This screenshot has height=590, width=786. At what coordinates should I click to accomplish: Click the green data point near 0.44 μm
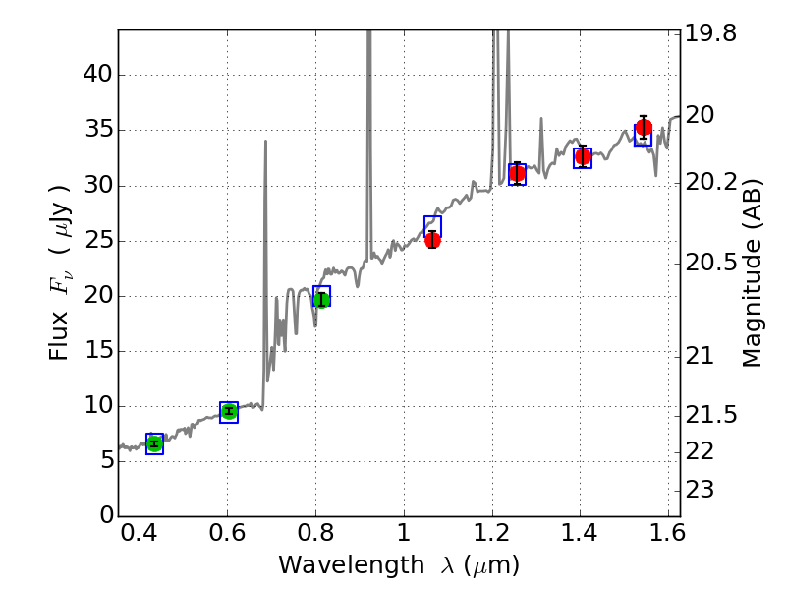(154, 443)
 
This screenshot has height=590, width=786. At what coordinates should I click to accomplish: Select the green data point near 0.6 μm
(229, 411)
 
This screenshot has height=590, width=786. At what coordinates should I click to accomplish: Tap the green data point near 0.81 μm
(321, 299)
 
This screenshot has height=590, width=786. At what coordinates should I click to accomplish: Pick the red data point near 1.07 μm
(432, 239)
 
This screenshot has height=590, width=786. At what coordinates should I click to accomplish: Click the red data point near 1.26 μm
(517, 173)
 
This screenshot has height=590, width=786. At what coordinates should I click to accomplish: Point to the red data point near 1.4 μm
(583, 156)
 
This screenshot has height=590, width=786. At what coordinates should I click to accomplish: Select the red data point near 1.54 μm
(644, 127)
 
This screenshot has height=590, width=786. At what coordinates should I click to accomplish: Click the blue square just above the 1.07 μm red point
(432, 226)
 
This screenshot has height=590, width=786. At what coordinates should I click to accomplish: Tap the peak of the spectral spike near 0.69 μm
(265, 142)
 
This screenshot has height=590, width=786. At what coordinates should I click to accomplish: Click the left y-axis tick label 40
(97, 75)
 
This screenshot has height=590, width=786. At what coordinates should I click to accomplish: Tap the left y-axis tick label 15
(97, 351)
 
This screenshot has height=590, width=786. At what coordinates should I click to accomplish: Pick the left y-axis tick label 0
(103, 516)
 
